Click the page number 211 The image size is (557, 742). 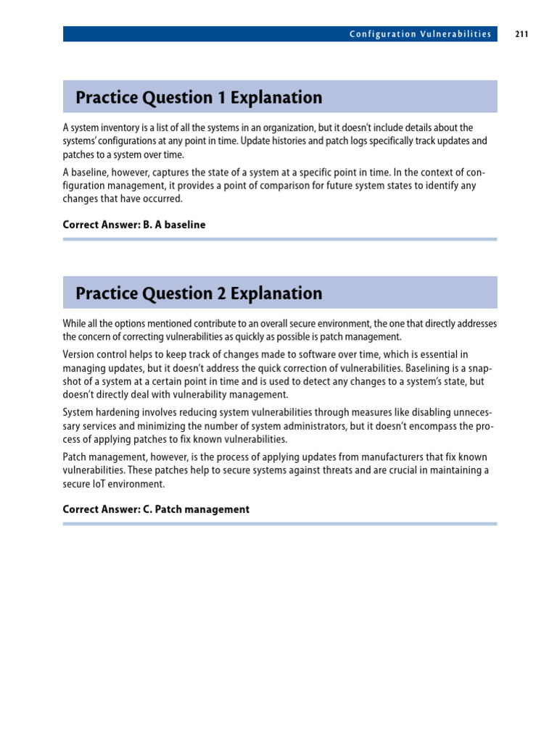coord(521,34)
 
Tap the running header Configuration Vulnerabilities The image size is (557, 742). coord(420,34)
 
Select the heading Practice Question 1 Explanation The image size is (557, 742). coord(199,97)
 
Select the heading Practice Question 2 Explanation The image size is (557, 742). coord(199,293)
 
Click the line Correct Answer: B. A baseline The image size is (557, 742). coord(134,225)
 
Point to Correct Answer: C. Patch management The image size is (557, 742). coord(156,509)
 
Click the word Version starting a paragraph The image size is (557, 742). coord(78,354)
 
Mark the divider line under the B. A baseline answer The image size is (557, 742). coord(280,239)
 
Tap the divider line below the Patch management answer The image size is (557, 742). coord(280,523)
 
